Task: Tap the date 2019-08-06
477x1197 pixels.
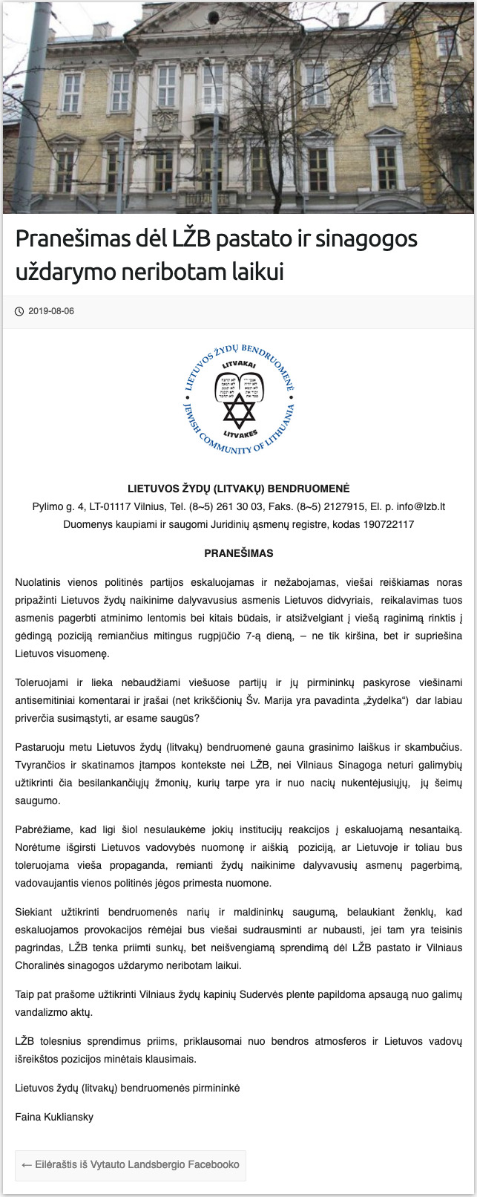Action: pos(51,311)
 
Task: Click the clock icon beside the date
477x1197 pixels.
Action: pos(19,311)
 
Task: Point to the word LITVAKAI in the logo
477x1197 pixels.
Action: pos(239,364)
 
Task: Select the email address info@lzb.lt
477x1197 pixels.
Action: pos(421,506)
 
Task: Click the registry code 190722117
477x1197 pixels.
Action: pos(390,524)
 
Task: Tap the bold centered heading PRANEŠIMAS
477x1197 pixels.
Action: pos(239,553)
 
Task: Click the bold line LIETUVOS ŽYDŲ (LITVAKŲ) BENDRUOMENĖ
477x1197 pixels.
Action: pos(239,489)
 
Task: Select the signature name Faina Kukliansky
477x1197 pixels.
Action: pos(54,1117)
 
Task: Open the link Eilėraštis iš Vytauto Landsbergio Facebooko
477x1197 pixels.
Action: pos(131,1164)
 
